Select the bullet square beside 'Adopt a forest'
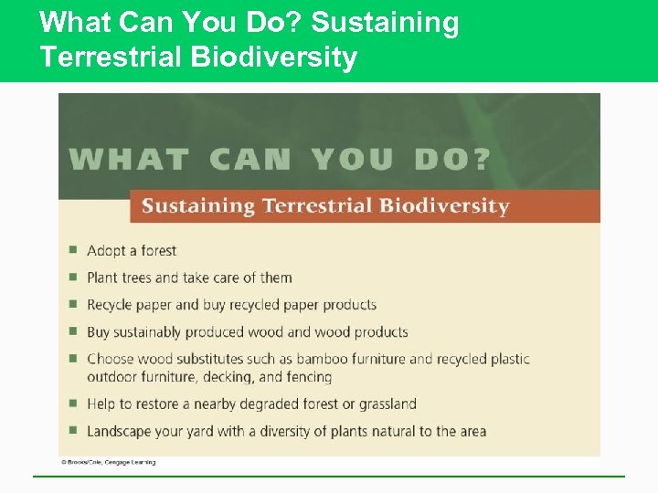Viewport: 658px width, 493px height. (x=72, y=249)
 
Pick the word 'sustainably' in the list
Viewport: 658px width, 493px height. (x=146, y=332)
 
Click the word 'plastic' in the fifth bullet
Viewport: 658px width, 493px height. (x=508, y=359)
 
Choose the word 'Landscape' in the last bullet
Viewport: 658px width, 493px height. (x=120, y=431)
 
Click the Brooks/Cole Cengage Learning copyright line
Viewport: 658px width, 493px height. (x=108, y=463)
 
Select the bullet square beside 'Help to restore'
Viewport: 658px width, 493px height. (x=72, y=403)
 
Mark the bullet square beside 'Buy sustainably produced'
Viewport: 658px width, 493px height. (x=72, y=331)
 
